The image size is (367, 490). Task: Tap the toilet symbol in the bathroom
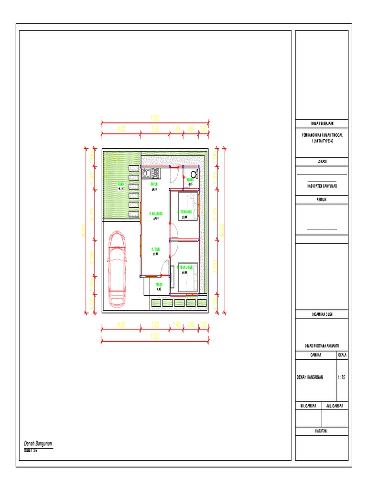(x=194, y=174)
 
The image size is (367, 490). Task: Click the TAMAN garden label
(x=121, y=185)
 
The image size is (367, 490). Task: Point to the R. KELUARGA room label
(x=156, y=214)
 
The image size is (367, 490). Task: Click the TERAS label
(x=159, y=285)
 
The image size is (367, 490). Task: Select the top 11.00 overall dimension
(x=155, y=117)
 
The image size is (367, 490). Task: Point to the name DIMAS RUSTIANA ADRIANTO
(x=322, y=345)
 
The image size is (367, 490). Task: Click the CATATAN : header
(x=322, y=431)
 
